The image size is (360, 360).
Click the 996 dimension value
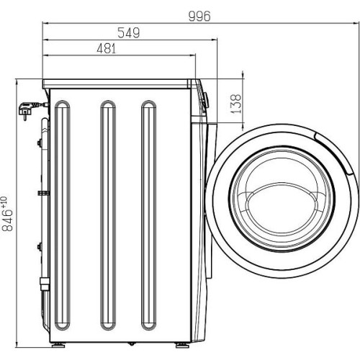199,17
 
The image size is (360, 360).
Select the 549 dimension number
129,33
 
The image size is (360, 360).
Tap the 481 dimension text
107,48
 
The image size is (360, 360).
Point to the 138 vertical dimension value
235,104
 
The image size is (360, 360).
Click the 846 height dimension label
7,214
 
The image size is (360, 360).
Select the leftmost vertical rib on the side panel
63,215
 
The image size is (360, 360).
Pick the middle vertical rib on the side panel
108,215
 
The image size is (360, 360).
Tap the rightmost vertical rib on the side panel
149,215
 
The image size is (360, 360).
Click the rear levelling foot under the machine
58,346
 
